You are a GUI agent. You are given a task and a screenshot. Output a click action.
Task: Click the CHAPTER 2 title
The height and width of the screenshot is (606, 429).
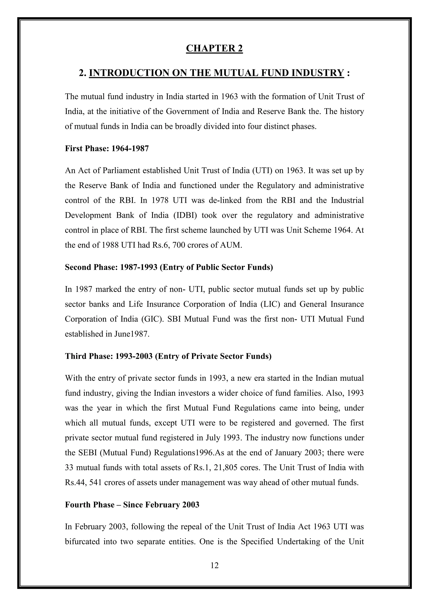(x=214, y=48)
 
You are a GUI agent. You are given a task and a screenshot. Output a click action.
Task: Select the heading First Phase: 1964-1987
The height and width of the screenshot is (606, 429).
(x=107, y=148)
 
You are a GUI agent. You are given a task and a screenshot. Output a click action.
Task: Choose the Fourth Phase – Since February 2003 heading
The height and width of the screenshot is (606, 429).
(x=132, y=505)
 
